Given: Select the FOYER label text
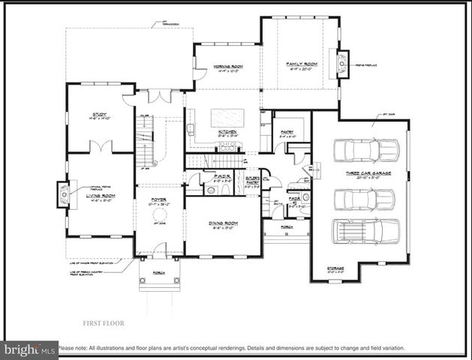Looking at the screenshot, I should pyautogui.click(x=158, y=199).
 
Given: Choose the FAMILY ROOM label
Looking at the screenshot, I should pyautogui.click(x=302, y=64).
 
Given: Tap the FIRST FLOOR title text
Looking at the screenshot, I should pyautogui.click(x=103, y=323).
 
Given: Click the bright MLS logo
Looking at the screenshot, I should pyautogui.click(x=30, y=349).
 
